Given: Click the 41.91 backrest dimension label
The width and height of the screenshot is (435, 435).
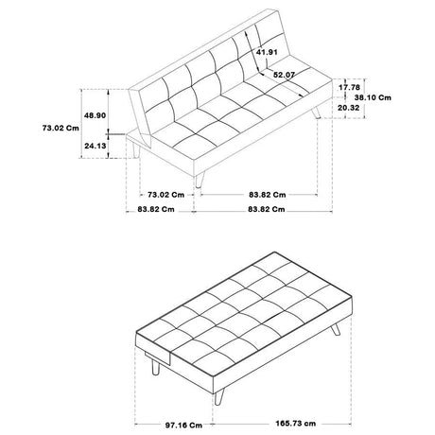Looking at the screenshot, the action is [x=267, y=52].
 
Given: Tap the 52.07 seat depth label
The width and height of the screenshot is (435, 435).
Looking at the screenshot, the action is [x=284, y=75].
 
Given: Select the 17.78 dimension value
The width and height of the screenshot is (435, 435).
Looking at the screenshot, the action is [x=349, y=87].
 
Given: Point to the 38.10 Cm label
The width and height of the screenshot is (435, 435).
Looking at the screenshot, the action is [x=373, y=97].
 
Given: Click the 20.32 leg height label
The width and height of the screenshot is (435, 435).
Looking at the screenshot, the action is [x=349, y=108].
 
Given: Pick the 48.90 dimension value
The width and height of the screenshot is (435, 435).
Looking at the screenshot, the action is [x=95, y=115].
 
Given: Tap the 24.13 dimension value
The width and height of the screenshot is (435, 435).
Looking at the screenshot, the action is [x=95, y=146].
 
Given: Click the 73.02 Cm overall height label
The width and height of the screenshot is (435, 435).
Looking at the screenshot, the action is [x=61, y=128].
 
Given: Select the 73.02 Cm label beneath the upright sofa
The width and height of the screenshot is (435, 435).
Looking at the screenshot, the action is [x=165, y=195].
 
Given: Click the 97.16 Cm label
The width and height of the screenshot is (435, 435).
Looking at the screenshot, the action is [x=183, y=426].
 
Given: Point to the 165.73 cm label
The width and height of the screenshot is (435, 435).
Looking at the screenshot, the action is [x=296, y=424].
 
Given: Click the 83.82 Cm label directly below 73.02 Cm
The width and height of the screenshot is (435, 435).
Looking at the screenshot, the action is [x=156, y=209].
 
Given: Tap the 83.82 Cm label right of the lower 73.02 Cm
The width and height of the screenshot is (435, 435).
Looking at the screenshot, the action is [x=268, y=195].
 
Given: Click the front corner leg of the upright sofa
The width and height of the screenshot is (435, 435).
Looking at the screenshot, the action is [x=199, y=181].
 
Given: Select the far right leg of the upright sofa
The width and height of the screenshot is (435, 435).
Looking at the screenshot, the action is [x=316, y=113].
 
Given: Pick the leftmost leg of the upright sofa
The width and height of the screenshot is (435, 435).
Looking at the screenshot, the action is [x=136, y=150].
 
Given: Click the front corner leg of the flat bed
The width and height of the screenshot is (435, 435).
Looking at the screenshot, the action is [x=219, y=396].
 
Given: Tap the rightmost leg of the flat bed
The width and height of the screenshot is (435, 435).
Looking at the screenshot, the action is [x=336, y=329].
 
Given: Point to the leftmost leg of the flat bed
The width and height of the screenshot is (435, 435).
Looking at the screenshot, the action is [x=155, y=367].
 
